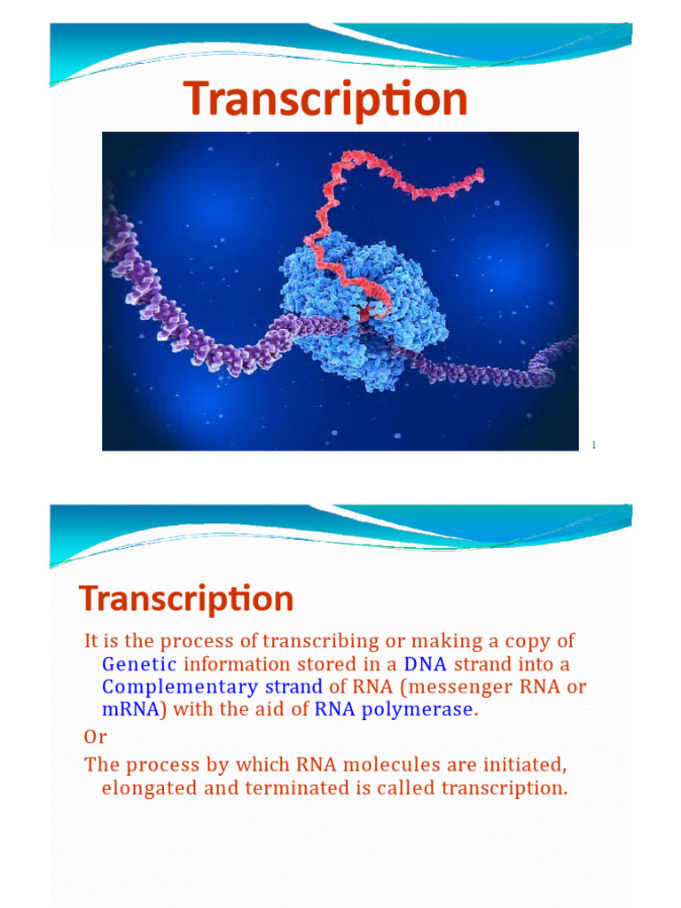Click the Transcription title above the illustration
coord(325,99)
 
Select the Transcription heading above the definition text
coord(186,599)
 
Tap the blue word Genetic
coord(139,664)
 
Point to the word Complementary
coord(178,687)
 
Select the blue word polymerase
coord(418,709)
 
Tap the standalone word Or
coord(95,738)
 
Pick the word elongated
coord(151,787)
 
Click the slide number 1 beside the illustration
coord(594,445)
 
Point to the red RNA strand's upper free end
coord(480,175)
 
